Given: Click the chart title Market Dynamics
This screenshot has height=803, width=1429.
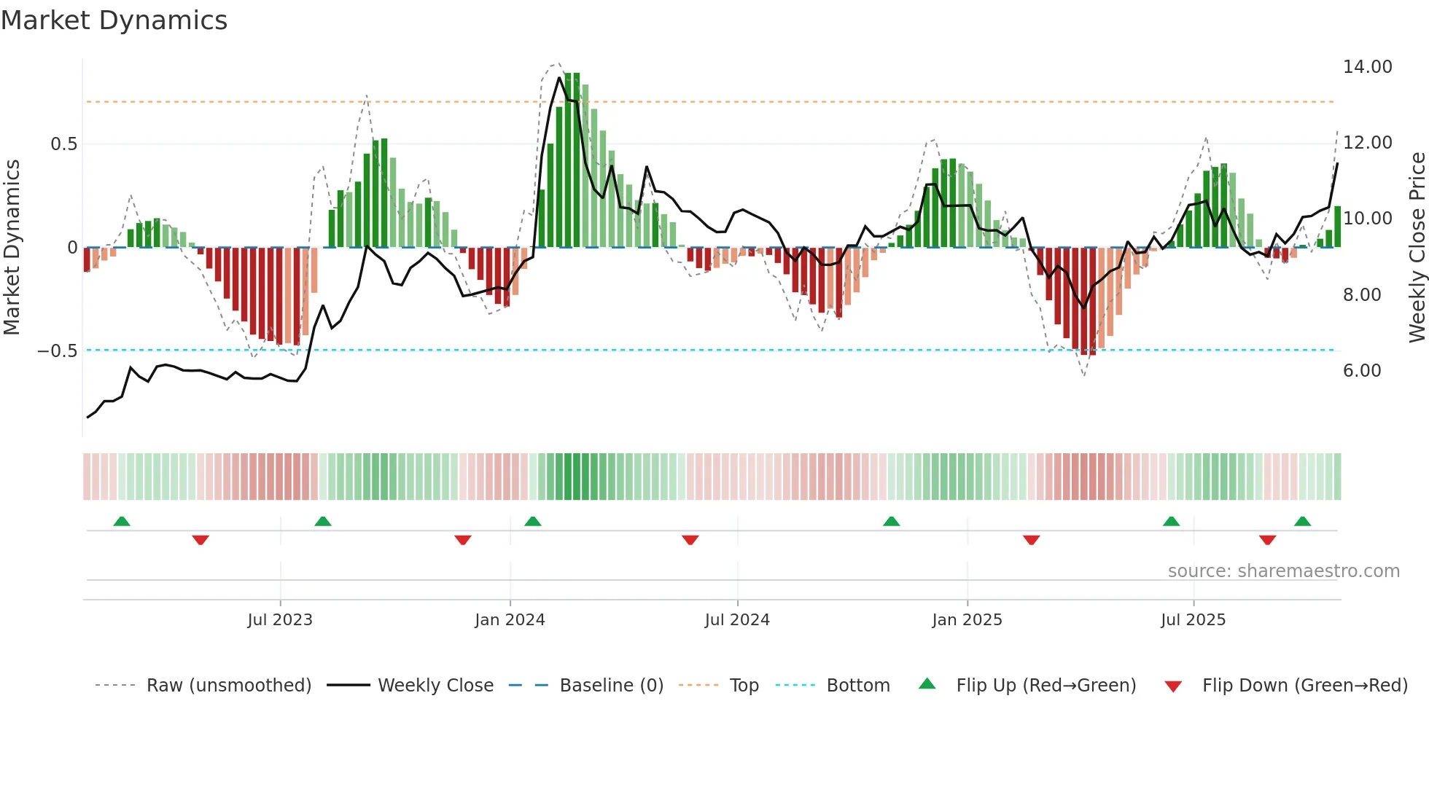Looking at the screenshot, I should click(x=114, y=20).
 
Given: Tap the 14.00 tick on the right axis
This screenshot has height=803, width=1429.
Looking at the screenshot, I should click(x=1367, y=67).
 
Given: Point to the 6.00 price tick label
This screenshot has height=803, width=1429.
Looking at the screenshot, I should click(x=1361, y=371).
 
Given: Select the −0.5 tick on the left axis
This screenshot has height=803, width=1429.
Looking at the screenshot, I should click(x=57, y=351).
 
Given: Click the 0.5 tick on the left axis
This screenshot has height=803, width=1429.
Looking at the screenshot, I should click(x=63, y=144).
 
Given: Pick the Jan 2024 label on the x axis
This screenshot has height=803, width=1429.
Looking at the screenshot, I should click(x=510, y=620).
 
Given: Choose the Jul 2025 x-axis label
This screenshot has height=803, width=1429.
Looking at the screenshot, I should click(x=1193, y=620).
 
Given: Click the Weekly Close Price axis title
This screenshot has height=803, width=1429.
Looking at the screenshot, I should click(x=1417, y=248).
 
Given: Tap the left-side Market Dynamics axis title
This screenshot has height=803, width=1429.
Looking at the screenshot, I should click(x=12, y=248).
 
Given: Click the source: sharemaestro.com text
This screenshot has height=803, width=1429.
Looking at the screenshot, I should click(x=1283, y=571).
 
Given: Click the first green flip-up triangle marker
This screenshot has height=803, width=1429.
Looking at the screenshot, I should click(x=122, y=522).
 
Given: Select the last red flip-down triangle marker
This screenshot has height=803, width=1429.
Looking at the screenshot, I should click(x=1267, y=540).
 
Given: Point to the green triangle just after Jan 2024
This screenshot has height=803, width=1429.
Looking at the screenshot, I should click(x=533, y=522).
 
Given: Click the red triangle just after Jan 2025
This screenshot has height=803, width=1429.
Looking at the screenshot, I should click(x=1031, y=540).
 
